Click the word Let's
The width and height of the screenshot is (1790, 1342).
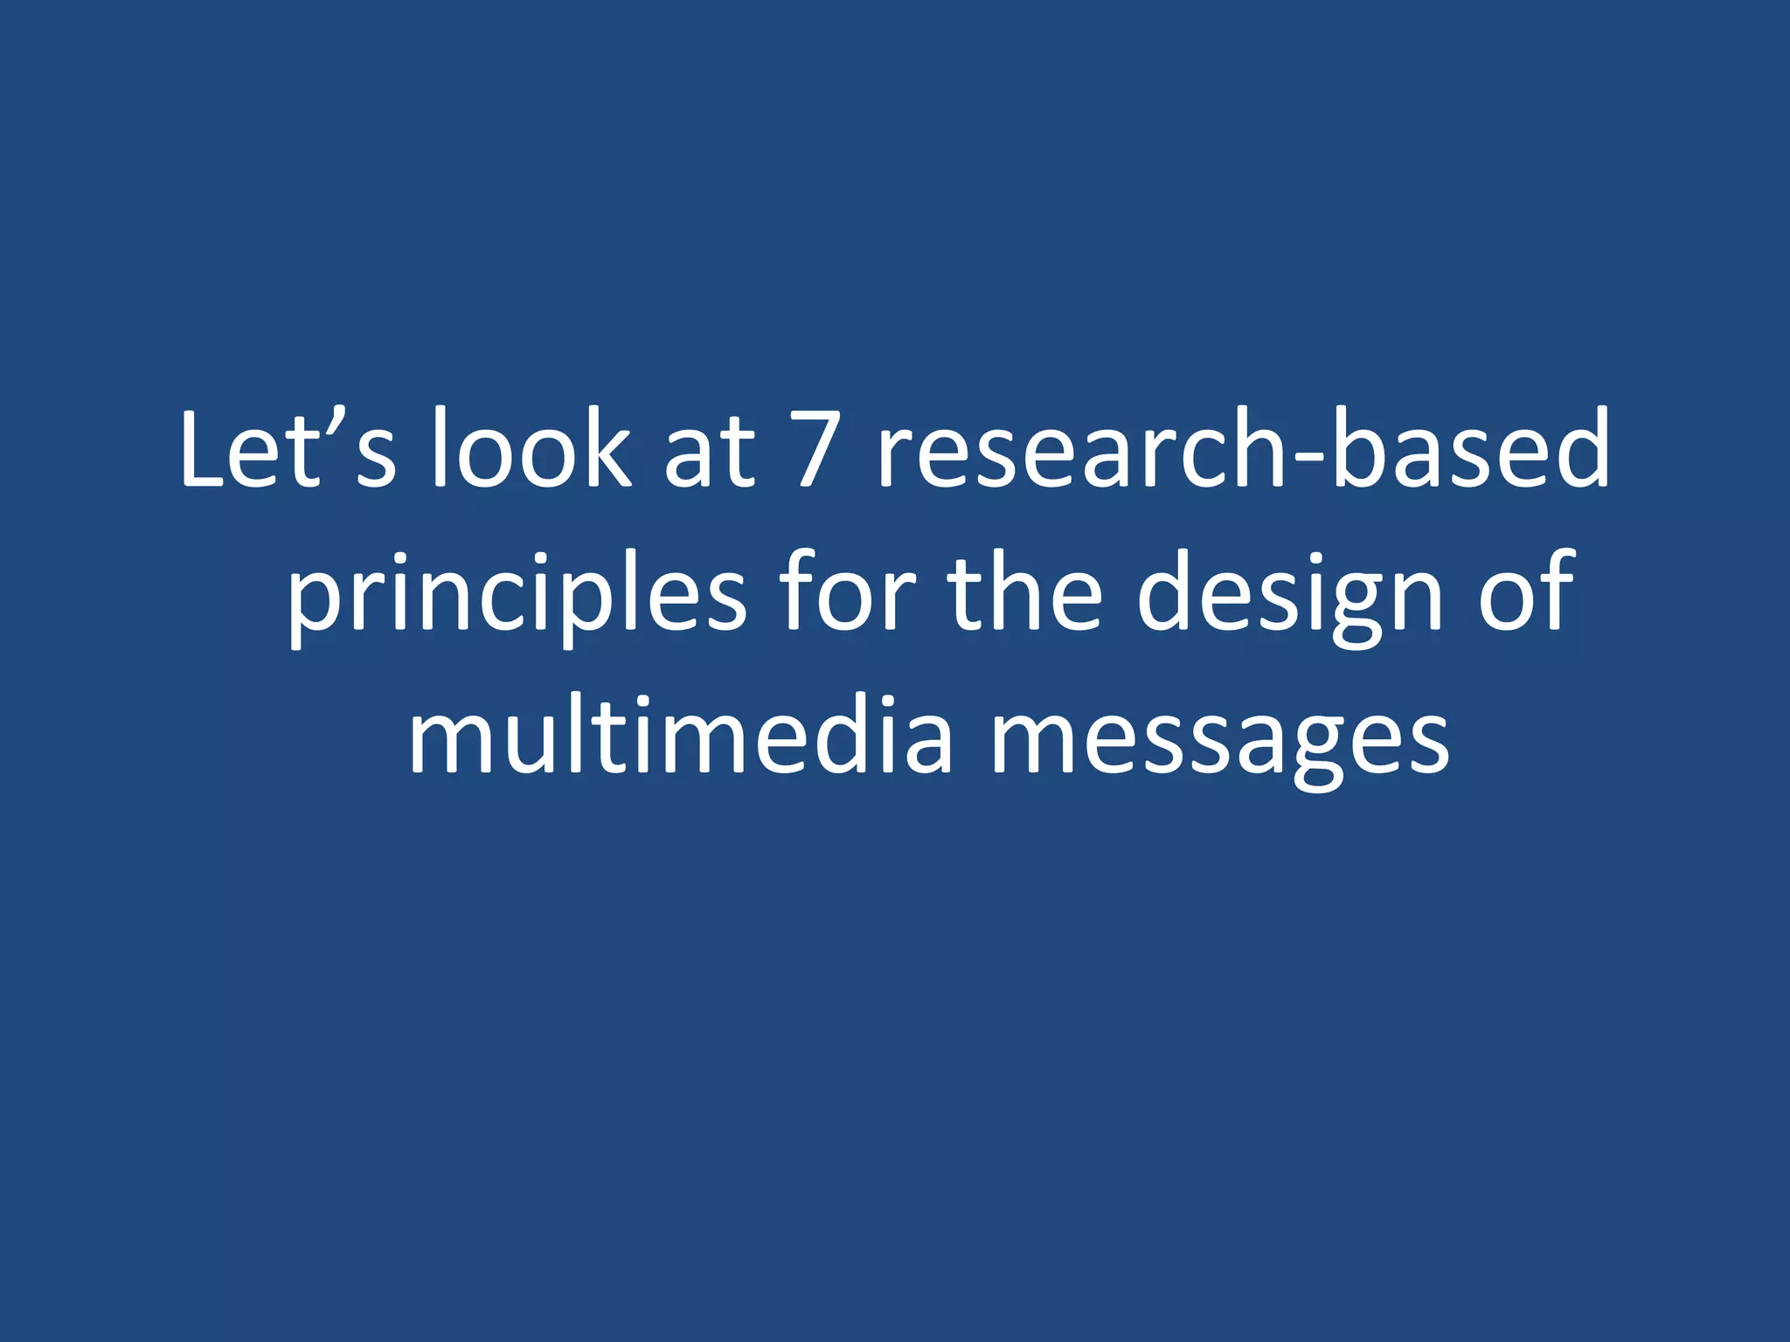288,450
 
